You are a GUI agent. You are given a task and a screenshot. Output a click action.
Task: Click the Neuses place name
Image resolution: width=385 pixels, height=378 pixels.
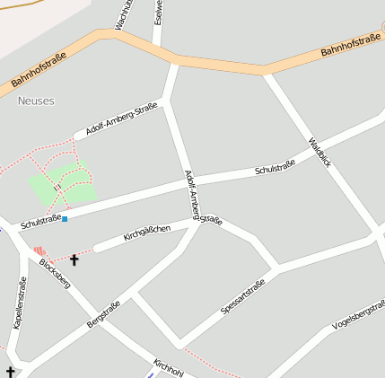click(36, 101)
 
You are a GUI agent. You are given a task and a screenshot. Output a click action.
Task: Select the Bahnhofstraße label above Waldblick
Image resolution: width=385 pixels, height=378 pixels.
click(349, 46)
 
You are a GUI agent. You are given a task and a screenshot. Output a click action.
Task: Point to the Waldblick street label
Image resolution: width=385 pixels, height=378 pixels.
click(319, 153)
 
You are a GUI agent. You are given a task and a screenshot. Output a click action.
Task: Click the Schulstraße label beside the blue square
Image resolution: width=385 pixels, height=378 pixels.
click(39, 219)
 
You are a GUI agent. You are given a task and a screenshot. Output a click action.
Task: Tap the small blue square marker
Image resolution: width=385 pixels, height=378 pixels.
click(65, 218)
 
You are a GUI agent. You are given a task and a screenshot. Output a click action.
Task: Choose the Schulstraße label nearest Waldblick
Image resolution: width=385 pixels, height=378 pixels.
click(275, 167)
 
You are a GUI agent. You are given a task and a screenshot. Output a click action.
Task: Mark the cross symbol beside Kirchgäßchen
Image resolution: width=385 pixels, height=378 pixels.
click(74, 260)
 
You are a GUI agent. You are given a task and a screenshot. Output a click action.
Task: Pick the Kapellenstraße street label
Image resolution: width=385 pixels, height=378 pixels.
click(20, 302)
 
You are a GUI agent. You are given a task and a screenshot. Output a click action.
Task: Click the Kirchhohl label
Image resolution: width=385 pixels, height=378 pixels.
click(168, 368)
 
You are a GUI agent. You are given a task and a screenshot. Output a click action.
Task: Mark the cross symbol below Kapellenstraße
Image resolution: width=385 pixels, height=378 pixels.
click(10, 372)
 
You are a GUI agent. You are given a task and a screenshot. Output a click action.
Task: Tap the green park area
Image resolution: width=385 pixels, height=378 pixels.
click(63, 184)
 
